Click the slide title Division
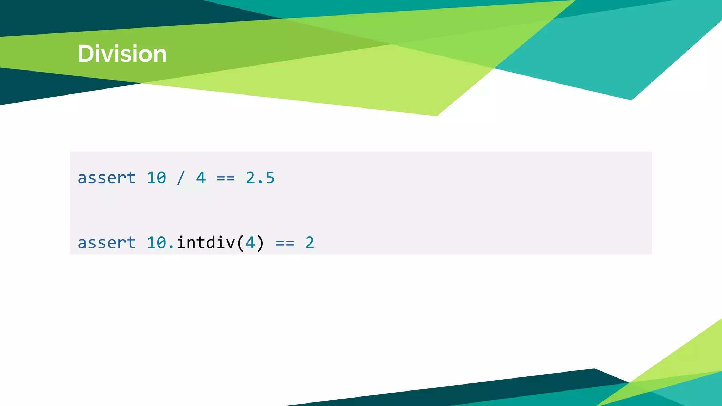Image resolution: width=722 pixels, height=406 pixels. tap(122, 54)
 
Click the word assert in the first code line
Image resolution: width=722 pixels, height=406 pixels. tap(107, 178)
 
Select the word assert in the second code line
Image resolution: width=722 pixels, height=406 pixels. tap(107, 243)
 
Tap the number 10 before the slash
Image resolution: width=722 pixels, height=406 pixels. tap(156, 178)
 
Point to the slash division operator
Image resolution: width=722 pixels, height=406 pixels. tap(181, 178)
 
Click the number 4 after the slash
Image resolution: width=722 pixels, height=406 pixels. tap(201, 178)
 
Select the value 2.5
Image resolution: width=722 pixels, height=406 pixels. tap(260, 178)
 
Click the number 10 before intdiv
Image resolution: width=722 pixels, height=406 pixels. tap(156, 243)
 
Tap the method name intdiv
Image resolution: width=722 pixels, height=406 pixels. tap(206, 243)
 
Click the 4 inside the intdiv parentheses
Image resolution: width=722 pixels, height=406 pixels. tap(250, 243)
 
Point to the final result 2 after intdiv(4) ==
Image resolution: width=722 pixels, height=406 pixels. tap(310, 243)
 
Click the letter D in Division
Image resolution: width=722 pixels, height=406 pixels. tap(85, 54)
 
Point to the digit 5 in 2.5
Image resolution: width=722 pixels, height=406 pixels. tap(270, 178)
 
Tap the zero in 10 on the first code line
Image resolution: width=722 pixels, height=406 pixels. tap(161, 178)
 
